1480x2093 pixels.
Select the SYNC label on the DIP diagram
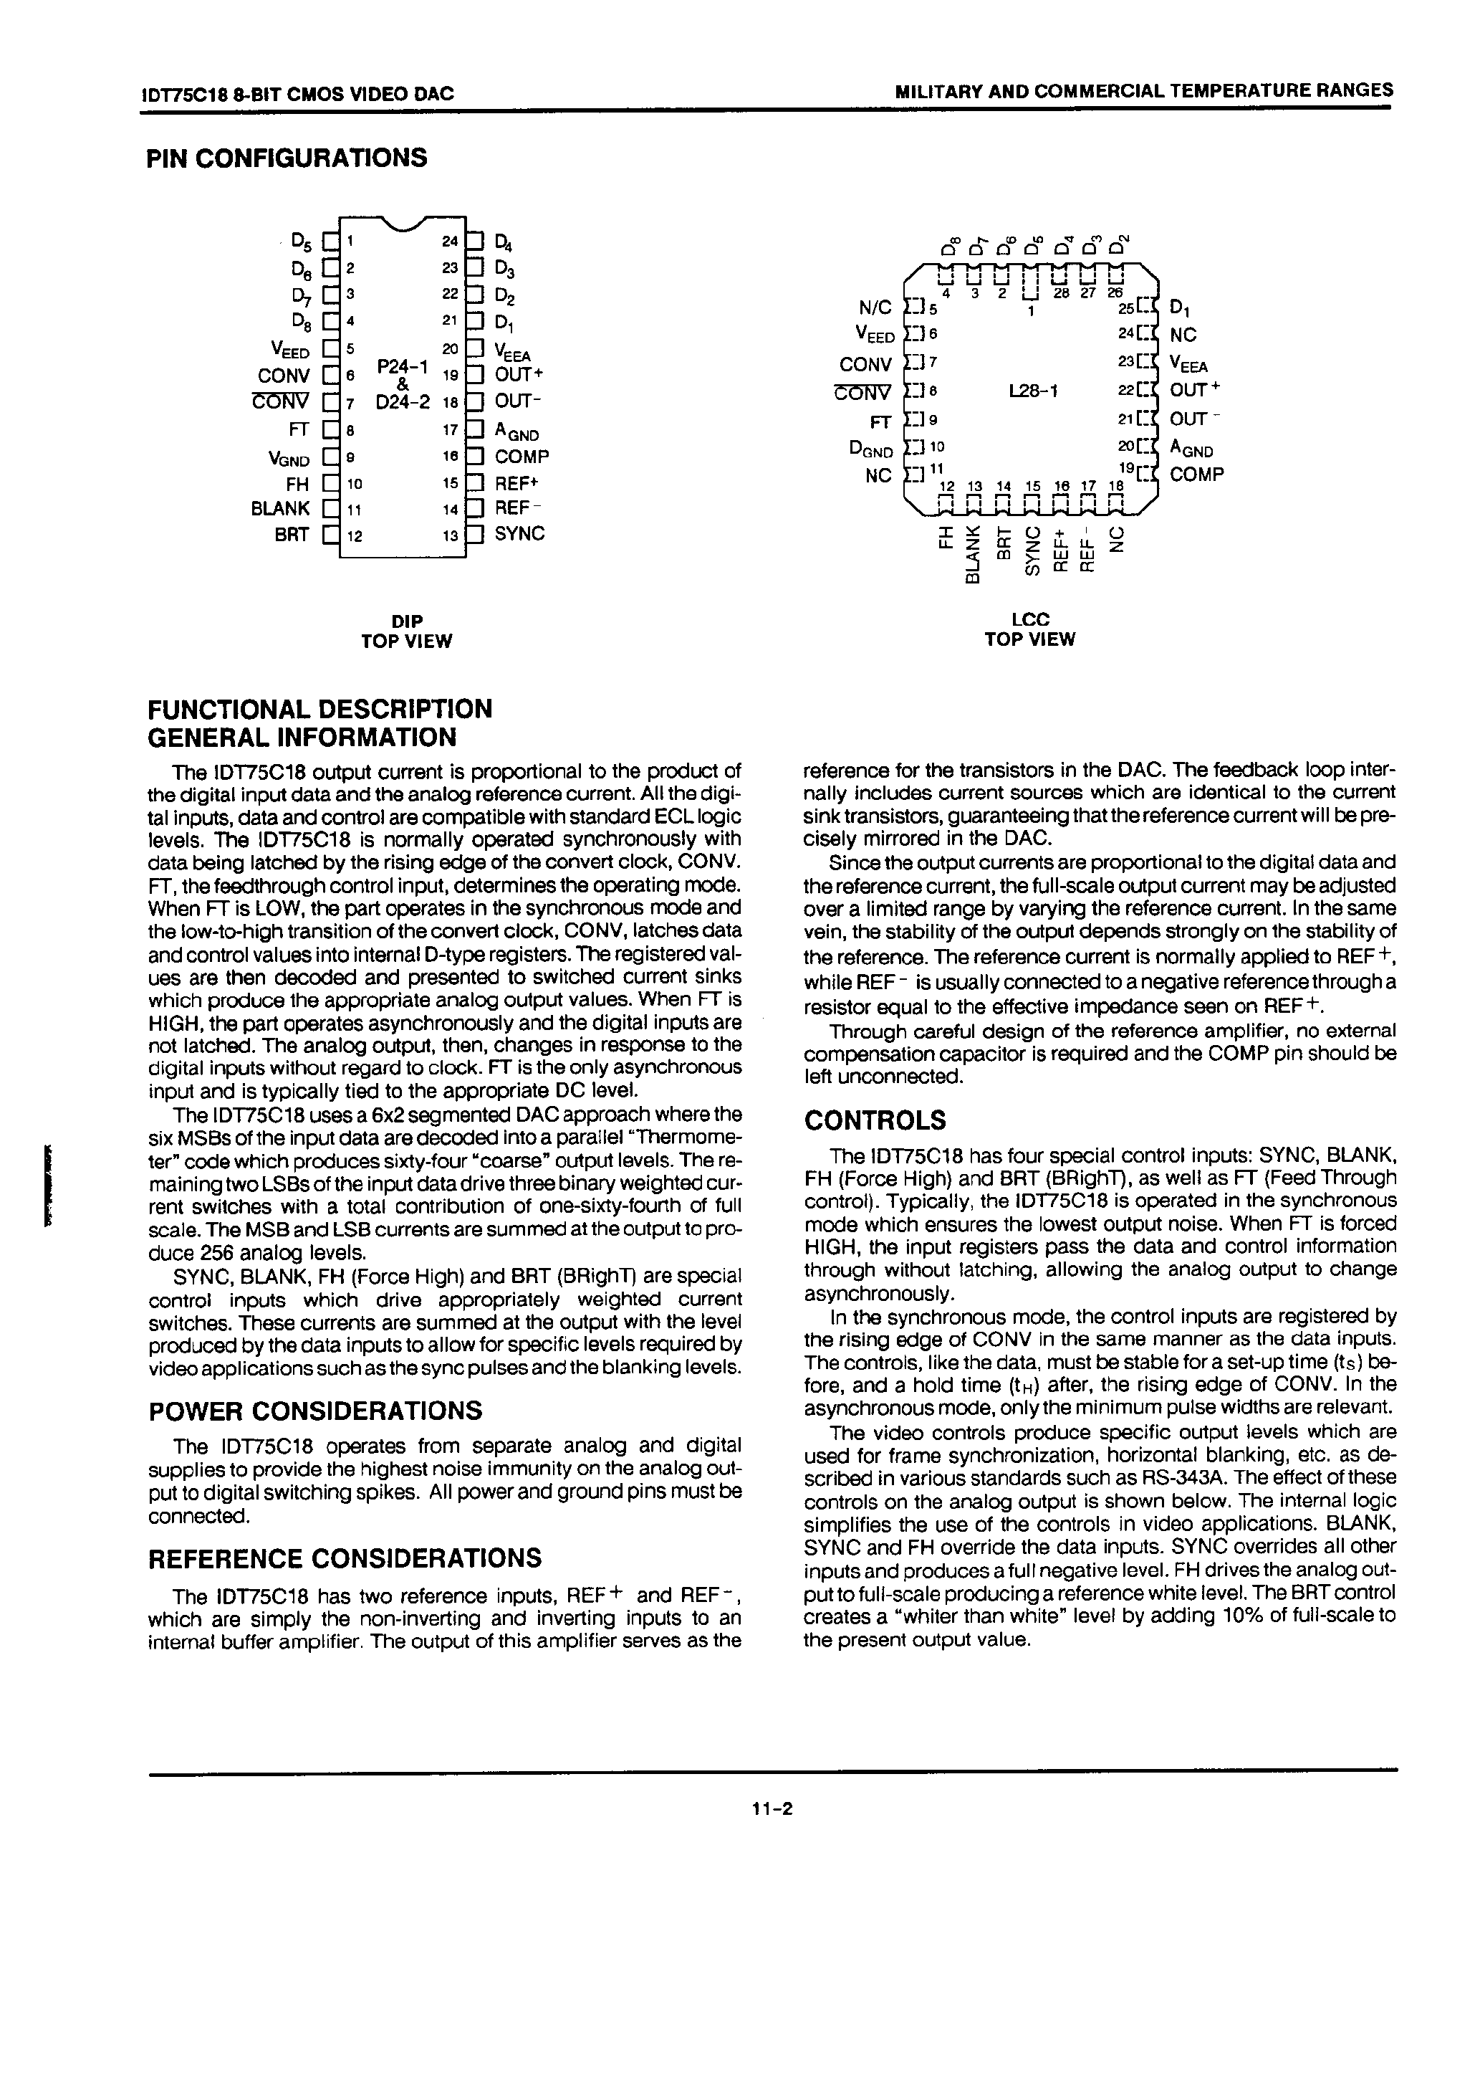point(519,533)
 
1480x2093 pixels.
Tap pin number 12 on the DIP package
point(355,537)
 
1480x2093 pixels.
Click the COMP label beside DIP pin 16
point(522,457)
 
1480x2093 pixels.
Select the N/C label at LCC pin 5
point(874,309)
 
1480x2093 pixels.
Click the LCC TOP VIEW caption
point(1030,629)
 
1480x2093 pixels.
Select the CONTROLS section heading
point(874,1120)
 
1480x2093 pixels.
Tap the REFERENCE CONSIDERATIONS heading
point(345,1558)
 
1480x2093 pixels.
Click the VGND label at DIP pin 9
point(289,459)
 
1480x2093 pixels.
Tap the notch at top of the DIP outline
point(402,224)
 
